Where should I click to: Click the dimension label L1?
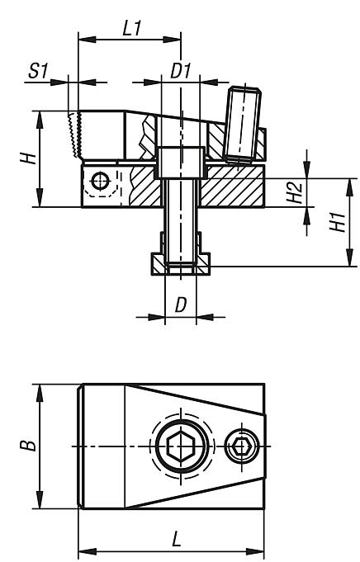129,26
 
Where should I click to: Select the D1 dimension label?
181,72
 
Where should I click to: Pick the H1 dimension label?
335,222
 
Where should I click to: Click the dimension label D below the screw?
181,305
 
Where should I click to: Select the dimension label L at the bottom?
175,541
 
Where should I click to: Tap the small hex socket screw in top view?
242,446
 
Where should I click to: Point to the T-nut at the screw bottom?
181,265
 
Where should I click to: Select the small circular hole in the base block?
101,179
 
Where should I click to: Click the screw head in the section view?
181,161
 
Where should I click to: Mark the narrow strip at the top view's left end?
81,446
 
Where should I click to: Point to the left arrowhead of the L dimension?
82,551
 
